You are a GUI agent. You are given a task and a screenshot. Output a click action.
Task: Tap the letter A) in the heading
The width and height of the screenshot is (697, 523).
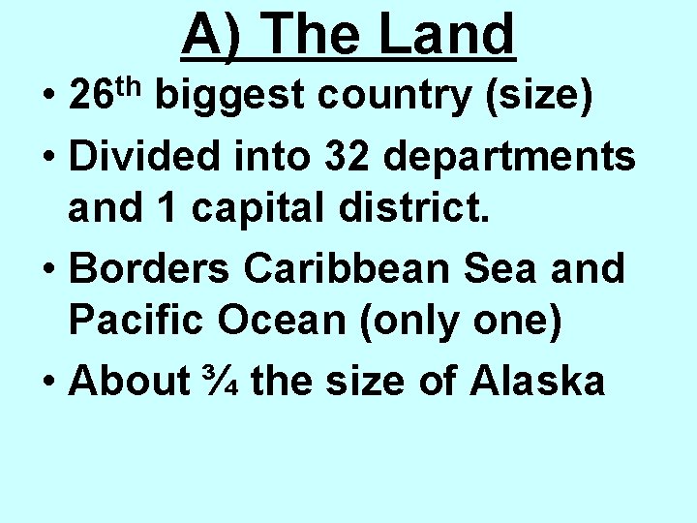pyautogui.click(x=212, y=35)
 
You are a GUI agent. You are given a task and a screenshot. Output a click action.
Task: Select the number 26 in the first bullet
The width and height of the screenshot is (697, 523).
pyautogui.click(x=93, y=98)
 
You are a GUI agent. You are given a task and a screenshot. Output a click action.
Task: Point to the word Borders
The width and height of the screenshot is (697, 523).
pyautogui.click(x=149, y=268)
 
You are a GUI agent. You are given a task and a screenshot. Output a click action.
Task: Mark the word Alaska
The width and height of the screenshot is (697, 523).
pyautogui.click(x=537, y=382)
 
